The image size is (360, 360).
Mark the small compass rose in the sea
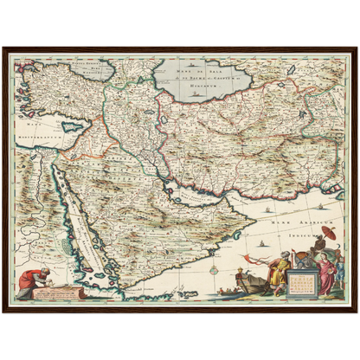pyautogui.click(x=210, y=269)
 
